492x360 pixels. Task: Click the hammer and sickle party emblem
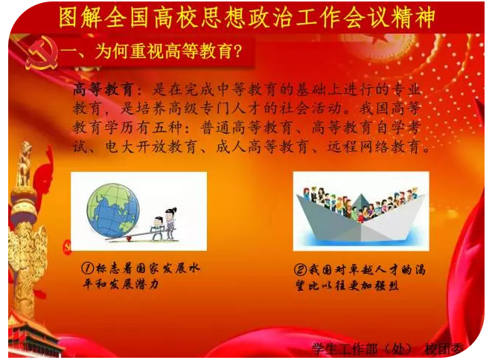(42, 53)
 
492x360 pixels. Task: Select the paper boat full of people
(361, 216)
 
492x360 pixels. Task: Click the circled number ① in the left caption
(88, 269)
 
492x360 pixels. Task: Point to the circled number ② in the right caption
(300, 270)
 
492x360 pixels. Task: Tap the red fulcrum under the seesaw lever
(128, 240)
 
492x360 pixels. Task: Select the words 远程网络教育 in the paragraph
(374, 147)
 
